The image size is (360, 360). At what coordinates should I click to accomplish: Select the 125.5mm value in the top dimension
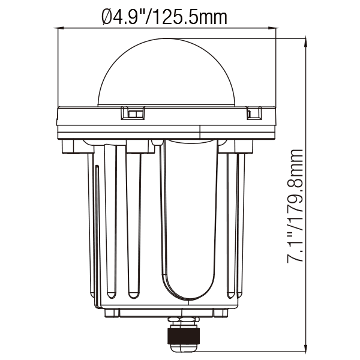(x=190, y=17)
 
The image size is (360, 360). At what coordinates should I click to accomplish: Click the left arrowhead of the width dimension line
(x=60, y=28)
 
